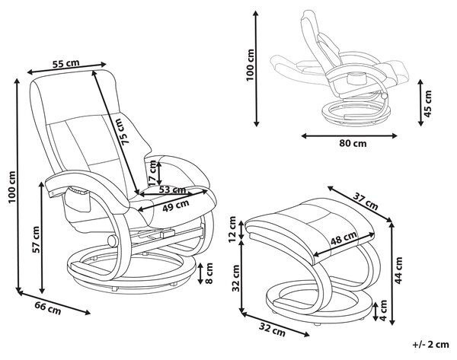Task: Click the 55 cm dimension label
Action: pyautogui.click(x=66, y=63)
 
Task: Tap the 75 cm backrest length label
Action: pyautogui.click(x=123, y=132)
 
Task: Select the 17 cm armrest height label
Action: pyautogui.click(x=152, y=173)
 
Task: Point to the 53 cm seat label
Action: pyautogui.click(x=173, y=190)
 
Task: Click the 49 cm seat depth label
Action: pyautogui.click(x=176, y=205)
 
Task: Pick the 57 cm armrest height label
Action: pyautogui.click(x=36, y=240)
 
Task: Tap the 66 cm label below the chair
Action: pyautogui.click(x=48, y=308)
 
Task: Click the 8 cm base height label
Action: pyautogui.click(x=209, y=273)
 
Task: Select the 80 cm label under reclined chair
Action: pyautogui.click(x=353, y=144)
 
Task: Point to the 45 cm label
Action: pyautogui.click(x=427, y=104)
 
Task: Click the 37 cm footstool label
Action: pyautogui.click(x=366, y=201)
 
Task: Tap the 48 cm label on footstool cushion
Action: pyautogui.click(x=344, y=238)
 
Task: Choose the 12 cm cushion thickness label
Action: pyautogui.click(x=232, y=229)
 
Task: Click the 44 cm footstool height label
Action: pyautogui.click(x=398, y=270)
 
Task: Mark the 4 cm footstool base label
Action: pyautogui.click(x=383, y=311)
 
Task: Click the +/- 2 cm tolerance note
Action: pyautogui.click(x=430, y=345)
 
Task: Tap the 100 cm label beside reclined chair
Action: pyautogui.click(x=250, y=65)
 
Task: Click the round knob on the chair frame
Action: pyautogui.click(x=112, y=241)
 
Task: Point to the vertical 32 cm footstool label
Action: pyautogui.click(x=235, y=278)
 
